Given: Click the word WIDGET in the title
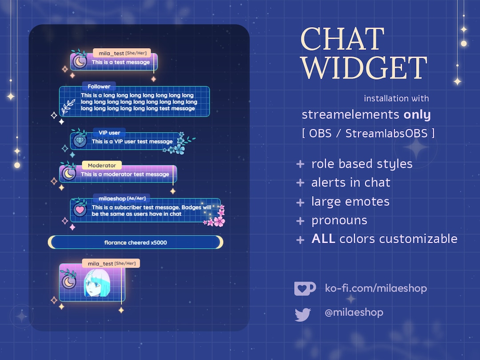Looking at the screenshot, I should click(364, 68).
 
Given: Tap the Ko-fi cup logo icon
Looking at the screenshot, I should click(305, 288).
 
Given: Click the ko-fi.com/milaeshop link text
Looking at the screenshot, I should click(376, 288).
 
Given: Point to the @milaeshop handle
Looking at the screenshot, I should click(354, 312).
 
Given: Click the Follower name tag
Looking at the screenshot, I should click(99, 87).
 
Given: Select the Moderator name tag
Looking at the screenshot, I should click(101, 165).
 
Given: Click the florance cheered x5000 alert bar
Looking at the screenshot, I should click(136, 243).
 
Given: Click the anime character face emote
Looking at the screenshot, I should click(96, 284).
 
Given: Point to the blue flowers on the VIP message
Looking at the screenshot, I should click(178, 145).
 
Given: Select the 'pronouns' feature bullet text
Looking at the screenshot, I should click(339, 220).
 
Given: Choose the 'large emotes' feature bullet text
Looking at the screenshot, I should click(350, 202).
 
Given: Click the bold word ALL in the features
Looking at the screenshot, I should click(323, 239).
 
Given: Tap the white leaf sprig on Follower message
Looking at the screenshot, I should click(68, 108).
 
